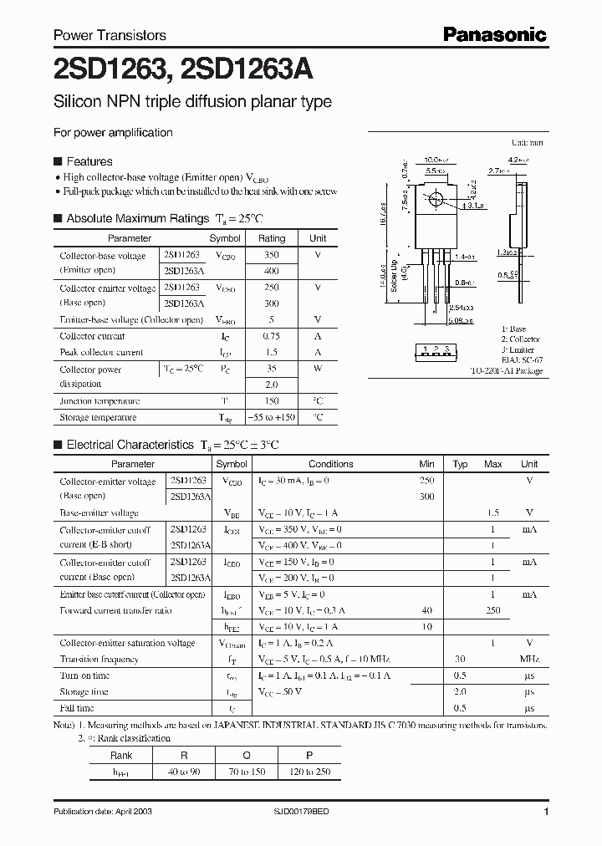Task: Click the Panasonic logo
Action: (494, 34)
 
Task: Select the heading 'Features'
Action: (89, 161)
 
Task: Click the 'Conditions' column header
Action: (330, 464)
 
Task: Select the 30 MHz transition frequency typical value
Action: (460, 659)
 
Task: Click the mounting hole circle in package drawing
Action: (435, 201)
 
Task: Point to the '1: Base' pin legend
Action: (514, 329)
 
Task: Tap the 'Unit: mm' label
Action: (527, 143)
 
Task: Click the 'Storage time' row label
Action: (84, 691)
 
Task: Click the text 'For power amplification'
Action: (113, 132)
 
